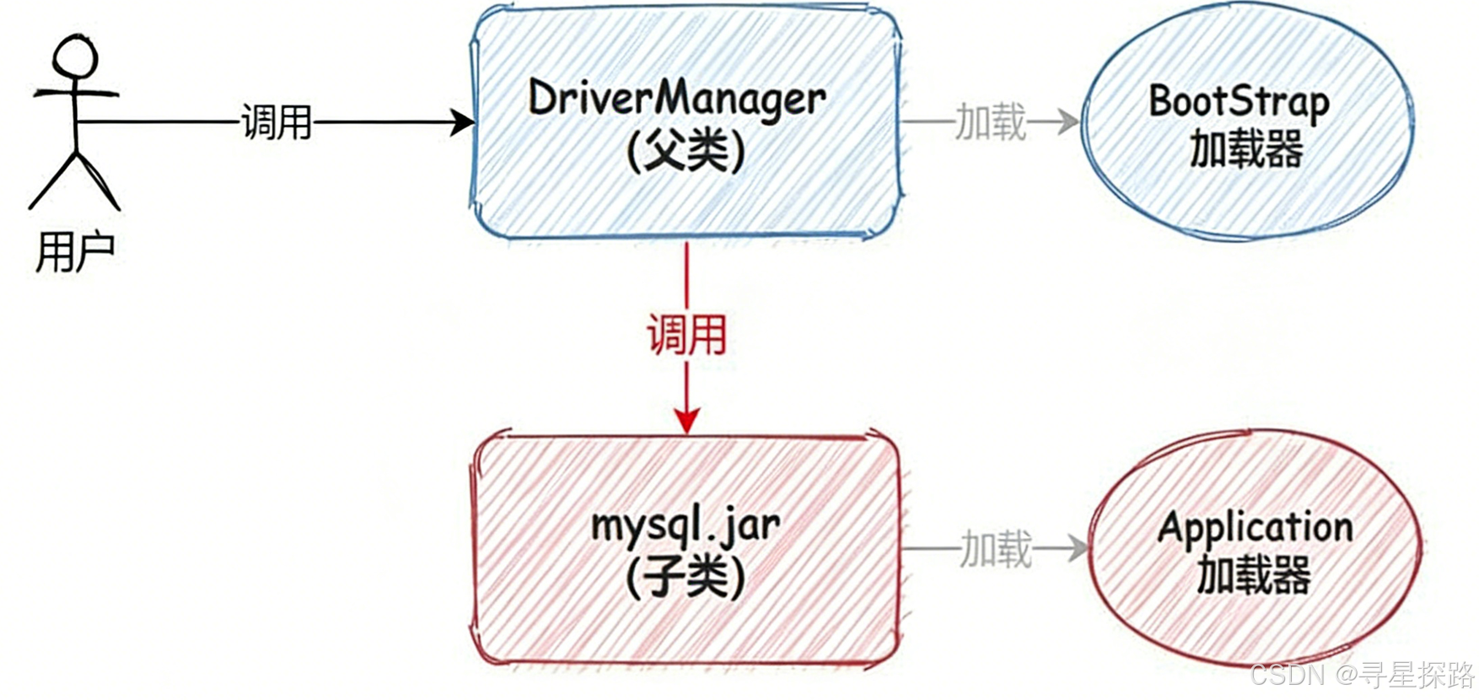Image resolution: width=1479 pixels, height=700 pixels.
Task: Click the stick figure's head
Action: [74, 57]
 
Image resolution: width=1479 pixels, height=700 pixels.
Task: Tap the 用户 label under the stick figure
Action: [74, 251]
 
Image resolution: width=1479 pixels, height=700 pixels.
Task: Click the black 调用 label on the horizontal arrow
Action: [277, 123]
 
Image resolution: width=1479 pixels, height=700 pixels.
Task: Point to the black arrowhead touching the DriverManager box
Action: [462, 122]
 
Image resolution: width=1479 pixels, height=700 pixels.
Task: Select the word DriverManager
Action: [676, 100]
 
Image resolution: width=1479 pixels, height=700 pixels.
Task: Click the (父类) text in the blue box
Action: [686, 153]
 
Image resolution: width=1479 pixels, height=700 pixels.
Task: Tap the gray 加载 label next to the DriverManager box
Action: [990, 122]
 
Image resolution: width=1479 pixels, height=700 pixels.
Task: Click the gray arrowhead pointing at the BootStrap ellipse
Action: [1068, 122]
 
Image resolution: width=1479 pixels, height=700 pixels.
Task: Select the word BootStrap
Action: [1239, 101]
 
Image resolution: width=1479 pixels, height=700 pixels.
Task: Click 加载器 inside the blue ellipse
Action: [1246, 150]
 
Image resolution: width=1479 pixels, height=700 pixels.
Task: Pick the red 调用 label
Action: [686, 335]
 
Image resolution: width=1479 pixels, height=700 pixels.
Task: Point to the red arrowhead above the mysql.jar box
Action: [687, 421]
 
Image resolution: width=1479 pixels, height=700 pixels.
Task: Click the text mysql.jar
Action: [685, 525]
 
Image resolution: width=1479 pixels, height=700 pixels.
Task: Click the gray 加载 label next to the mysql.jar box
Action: [996, 549]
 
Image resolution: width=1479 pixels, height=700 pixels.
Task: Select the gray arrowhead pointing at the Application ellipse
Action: [1078, 549]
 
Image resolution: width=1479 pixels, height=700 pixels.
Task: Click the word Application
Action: [1255, 528]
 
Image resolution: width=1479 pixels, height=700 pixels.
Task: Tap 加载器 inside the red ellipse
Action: [1254, 576]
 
